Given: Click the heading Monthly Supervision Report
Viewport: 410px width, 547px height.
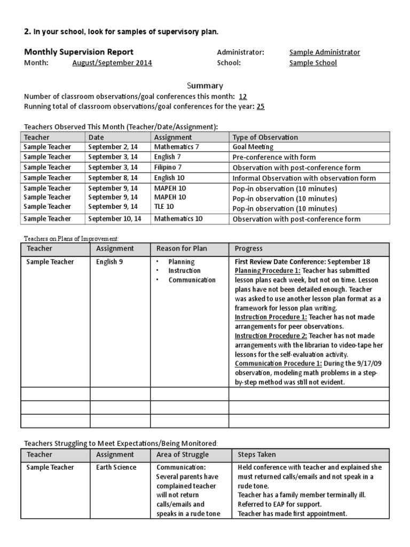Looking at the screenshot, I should (78, 52).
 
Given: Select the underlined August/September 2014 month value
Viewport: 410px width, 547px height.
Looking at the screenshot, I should (112, 63).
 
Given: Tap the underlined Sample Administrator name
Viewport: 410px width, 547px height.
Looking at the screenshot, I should (324, 52).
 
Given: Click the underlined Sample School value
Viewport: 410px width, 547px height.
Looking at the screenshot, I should (313, 63).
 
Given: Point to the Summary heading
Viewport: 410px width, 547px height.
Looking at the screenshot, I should (204, 85).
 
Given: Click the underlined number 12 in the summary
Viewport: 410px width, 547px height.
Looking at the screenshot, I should (243, 97).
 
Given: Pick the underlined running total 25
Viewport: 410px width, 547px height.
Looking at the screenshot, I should (261, 106).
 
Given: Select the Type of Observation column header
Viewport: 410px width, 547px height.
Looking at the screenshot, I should (265, 137).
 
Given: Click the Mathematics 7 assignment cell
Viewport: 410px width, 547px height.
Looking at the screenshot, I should (176, 147).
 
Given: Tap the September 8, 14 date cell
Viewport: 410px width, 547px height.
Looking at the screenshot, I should (113, 178).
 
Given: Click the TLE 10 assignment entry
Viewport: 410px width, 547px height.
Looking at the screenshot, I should (164, 207).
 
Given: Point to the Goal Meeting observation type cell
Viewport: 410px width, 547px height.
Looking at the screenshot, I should (253, 147).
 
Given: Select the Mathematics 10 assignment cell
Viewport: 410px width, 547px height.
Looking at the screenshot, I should (178, 218).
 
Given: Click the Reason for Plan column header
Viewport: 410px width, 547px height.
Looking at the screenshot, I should (178, 249).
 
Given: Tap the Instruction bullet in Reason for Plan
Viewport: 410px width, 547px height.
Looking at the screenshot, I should (185, 271).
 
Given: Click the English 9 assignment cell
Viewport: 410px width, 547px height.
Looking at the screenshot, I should (109, 262).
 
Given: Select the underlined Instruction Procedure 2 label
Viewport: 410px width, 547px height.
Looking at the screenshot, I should (271, 335).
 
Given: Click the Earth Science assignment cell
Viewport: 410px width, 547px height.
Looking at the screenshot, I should (116, 467).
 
